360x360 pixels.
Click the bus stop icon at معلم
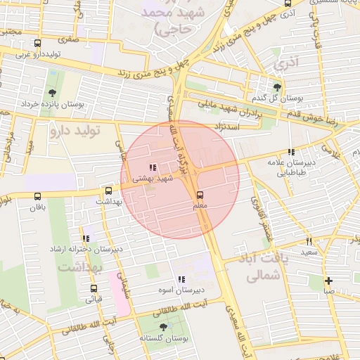pos(200,194)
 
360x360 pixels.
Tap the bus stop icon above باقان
pos(37,196)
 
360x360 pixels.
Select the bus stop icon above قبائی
pos(94,288)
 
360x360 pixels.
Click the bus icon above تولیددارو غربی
pos(40,42)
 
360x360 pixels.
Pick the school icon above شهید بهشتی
pos(153,167)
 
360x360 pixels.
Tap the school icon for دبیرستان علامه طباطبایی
pos(290,152)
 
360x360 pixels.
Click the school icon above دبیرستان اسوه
pos(181,279)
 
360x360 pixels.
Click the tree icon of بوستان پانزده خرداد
pos(52,92)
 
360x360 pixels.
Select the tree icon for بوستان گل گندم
pos(278,86)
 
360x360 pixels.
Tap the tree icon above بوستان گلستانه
pos(164,327)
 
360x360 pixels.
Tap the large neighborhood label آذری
pos(287,63)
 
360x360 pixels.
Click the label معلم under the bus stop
pos(200,206)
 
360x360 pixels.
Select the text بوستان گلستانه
pos(164,339)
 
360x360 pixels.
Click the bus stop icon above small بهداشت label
pos(108,191)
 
